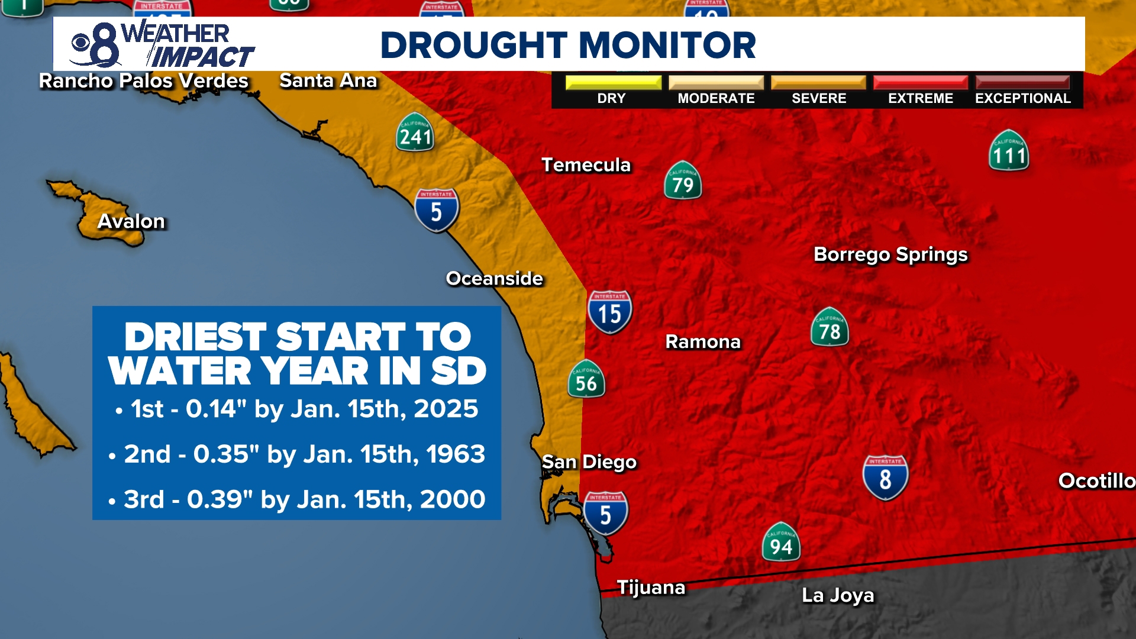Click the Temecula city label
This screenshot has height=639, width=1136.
pos(586,165)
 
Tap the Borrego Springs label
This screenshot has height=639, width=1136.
pos(890,254)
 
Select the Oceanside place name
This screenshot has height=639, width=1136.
pos(494,279)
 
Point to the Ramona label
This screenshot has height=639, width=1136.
pos(703,342)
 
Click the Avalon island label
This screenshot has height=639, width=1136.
pos(131,221)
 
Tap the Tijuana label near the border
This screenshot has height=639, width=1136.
pos(651,588)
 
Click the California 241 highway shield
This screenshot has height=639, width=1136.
pos(415,133)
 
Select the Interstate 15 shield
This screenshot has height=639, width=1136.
pos(609,312)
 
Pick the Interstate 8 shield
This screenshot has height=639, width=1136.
pos(885,477)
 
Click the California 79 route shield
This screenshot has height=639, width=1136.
pos(683,180)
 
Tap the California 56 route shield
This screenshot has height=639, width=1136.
pos(586,379)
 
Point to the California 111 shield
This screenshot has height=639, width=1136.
pos(1009,151)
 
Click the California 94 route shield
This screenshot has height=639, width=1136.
pos(781,543)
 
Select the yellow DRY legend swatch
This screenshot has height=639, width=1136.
pos(613,82)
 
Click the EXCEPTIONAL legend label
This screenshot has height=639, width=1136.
pos(1022,98)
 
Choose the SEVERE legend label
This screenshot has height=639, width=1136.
pos(819,98)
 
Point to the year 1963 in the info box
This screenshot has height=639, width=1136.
pos(455,454)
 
